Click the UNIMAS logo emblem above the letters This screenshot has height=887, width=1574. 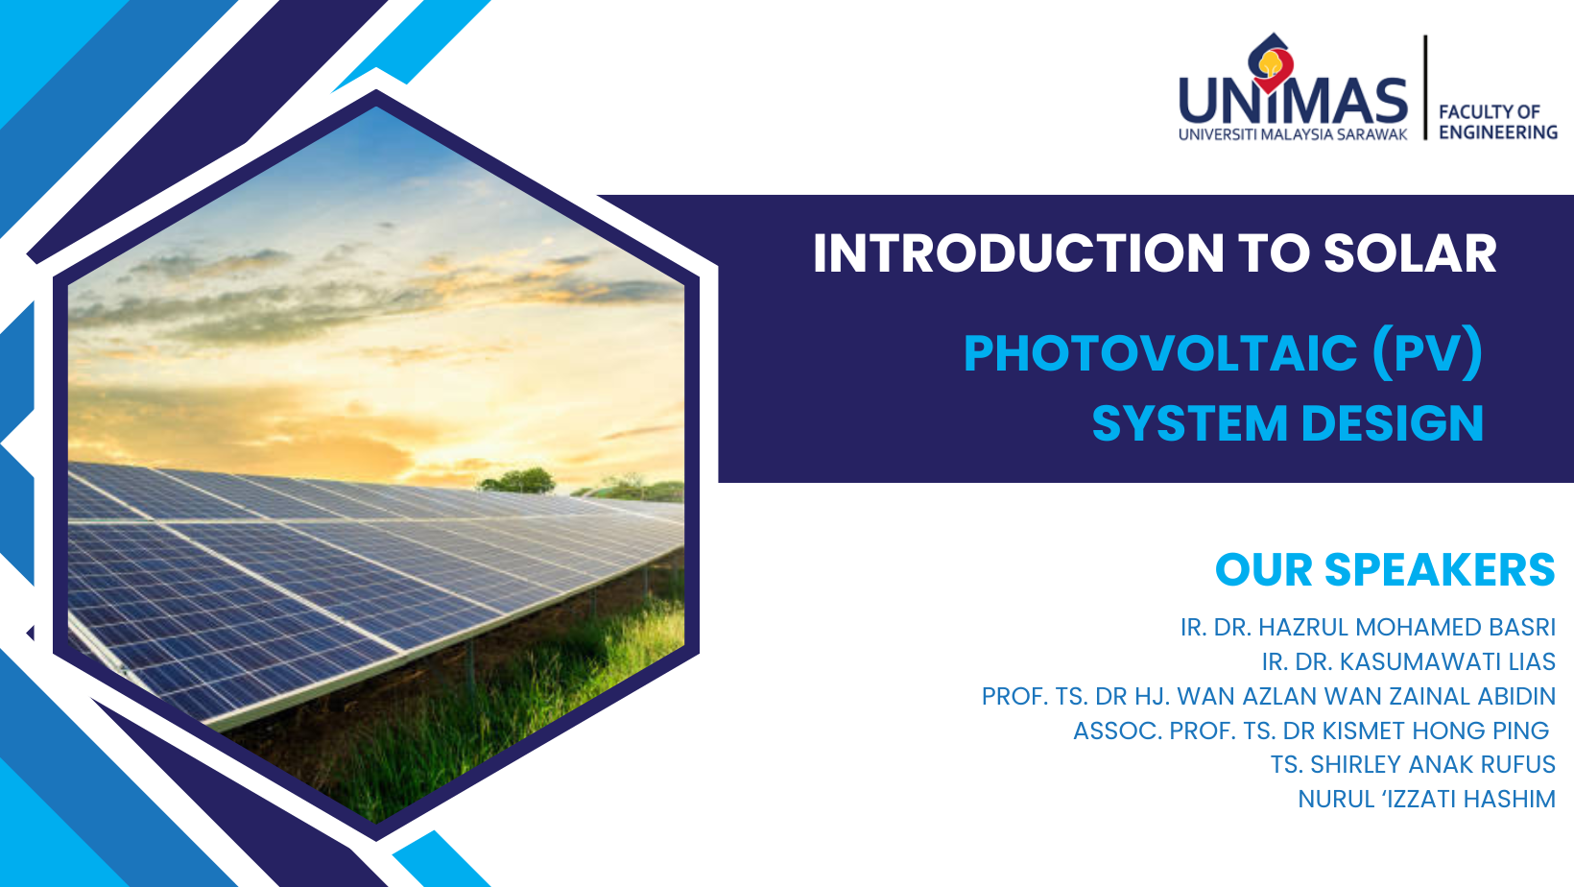point(1271,61)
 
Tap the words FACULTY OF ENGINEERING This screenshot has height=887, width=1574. point(1497,122)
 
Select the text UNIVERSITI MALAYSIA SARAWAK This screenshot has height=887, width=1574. point(1293,134)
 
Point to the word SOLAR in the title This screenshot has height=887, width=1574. point(1410,253)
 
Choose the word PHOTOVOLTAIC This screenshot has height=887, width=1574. point(1160,353)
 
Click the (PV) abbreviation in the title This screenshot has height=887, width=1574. point(1428,354)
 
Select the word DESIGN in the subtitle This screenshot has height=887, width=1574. point(1393,423)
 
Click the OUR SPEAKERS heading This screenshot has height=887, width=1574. point(1385,569)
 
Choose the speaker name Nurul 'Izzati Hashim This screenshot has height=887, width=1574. point(1426,799)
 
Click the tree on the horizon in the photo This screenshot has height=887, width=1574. point(518,480)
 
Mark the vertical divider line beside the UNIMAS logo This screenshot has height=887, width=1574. point(1426,87)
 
